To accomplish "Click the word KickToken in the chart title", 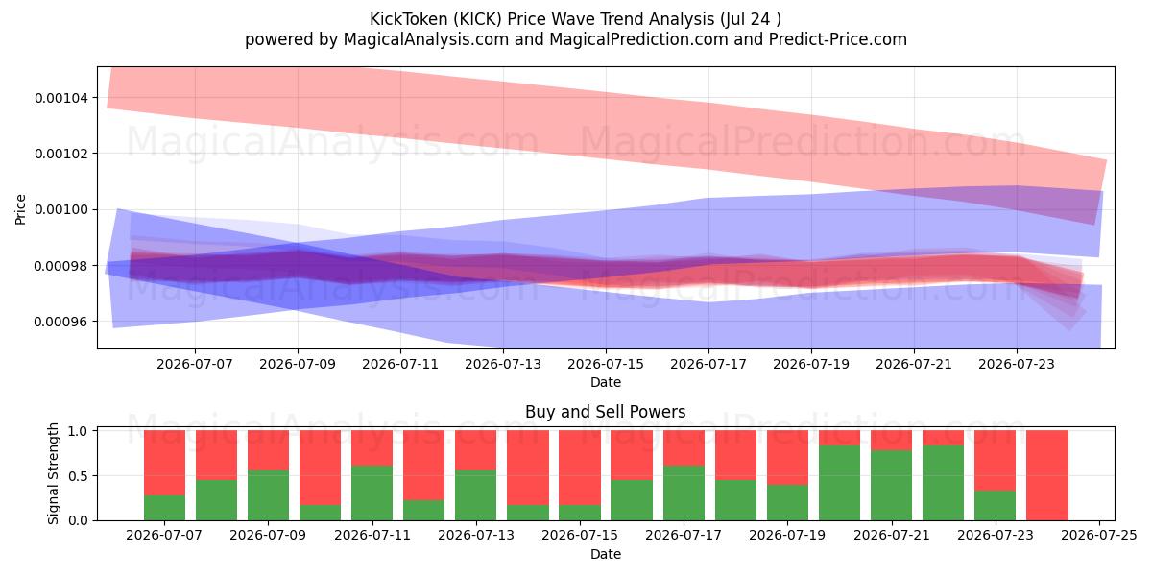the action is tap(409, 19).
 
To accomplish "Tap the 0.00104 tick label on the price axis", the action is tap(60, 98).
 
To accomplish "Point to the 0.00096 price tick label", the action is tap(60, 322).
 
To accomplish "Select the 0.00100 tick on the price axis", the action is tap(60, 210).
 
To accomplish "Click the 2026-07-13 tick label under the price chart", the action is tap(503, 364).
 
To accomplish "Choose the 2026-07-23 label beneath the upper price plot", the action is tap(1017, 364).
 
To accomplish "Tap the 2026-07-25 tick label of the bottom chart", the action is tap(1099, 535).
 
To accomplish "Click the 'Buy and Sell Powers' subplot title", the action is tap(606, 412).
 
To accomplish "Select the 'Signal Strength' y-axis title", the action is tap(53, 473).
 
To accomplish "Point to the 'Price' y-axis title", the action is tap(20, 209).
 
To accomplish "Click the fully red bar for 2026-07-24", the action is tap(1047, 475).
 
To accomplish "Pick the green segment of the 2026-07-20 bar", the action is tap(839, 483).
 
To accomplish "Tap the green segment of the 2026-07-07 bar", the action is tap(164, 508).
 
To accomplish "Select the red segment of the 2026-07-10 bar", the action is tap(320, 468).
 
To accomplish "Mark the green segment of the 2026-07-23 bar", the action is tap(996, 506).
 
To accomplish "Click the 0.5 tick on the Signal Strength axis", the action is tap(78, 476).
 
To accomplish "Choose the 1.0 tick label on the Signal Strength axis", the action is tap(78, 430).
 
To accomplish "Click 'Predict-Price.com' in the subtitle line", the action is tap(838, 39).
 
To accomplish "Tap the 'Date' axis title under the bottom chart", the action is tap(606, 554).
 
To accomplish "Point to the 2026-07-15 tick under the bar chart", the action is tap(580, 535).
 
